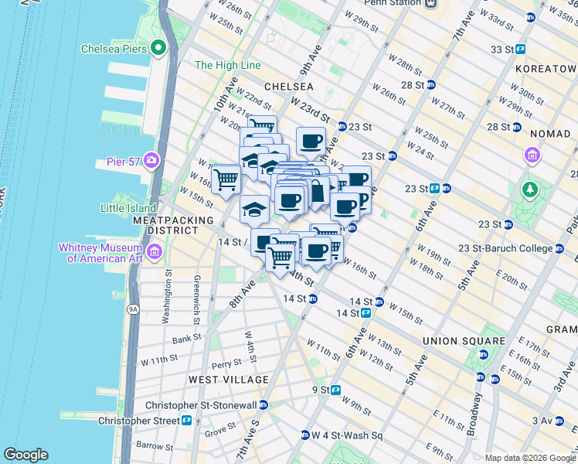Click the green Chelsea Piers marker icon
(x=159, y=49)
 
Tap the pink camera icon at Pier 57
(x=151, y=161)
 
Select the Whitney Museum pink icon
(x=154, y=251)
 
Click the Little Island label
(x=127, y=207)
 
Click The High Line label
(x=223, y=66)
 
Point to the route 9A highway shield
(x=134, y=309)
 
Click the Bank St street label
(x=187, y=339)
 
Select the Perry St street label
(x=226, y=363)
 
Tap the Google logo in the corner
(x=25, y=455)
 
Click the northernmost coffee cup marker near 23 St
(x=311, y=141)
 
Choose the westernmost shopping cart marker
(x=226, y=179)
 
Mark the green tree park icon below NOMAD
(x=529, y=189)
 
